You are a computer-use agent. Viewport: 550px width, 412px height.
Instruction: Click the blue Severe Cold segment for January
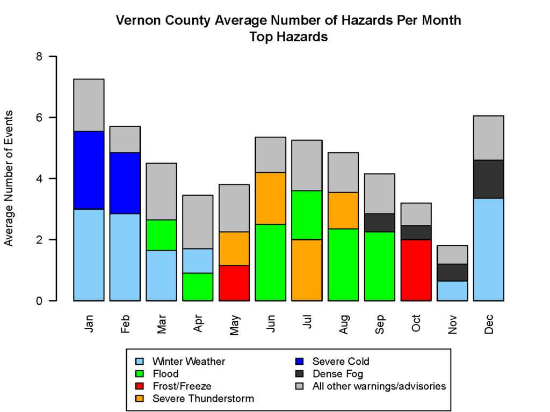click(89, 170)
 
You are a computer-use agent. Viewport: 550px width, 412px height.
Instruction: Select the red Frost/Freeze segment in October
click(416, 270)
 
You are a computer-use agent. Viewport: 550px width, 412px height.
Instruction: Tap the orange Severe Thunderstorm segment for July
click(306, 270)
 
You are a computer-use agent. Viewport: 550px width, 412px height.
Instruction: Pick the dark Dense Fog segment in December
click(488, 179)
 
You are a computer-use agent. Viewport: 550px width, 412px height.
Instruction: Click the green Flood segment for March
click(161, 235)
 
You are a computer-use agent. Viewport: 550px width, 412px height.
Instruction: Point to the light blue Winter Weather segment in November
click(452, 290)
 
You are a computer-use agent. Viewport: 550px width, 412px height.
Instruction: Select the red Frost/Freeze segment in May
click(234, 283)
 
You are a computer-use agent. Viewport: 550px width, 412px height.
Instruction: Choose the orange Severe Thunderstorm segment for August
click(343, 210)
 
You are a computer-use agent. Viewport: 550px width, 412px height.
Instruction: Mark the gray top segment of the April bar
click(198, 222)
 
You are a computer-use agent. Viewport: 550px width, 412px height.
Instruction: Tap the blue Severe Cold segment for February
click(125, 183)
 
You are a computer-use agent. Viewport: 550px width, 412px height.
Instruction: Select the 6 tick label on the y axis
click(39, 117)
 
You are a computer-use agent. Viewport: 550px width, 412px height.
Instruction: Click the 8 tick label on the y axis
click(39, 56)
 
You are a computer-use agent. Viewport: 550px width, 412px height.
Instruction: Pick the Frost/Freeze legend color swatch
click(140, 386)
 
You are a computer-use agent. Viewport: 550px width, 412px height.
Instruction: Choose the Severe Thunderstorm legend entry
click(203, 399)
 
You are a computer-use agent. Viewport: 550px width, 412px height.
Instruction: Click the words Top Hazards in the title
click(288, 37)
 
